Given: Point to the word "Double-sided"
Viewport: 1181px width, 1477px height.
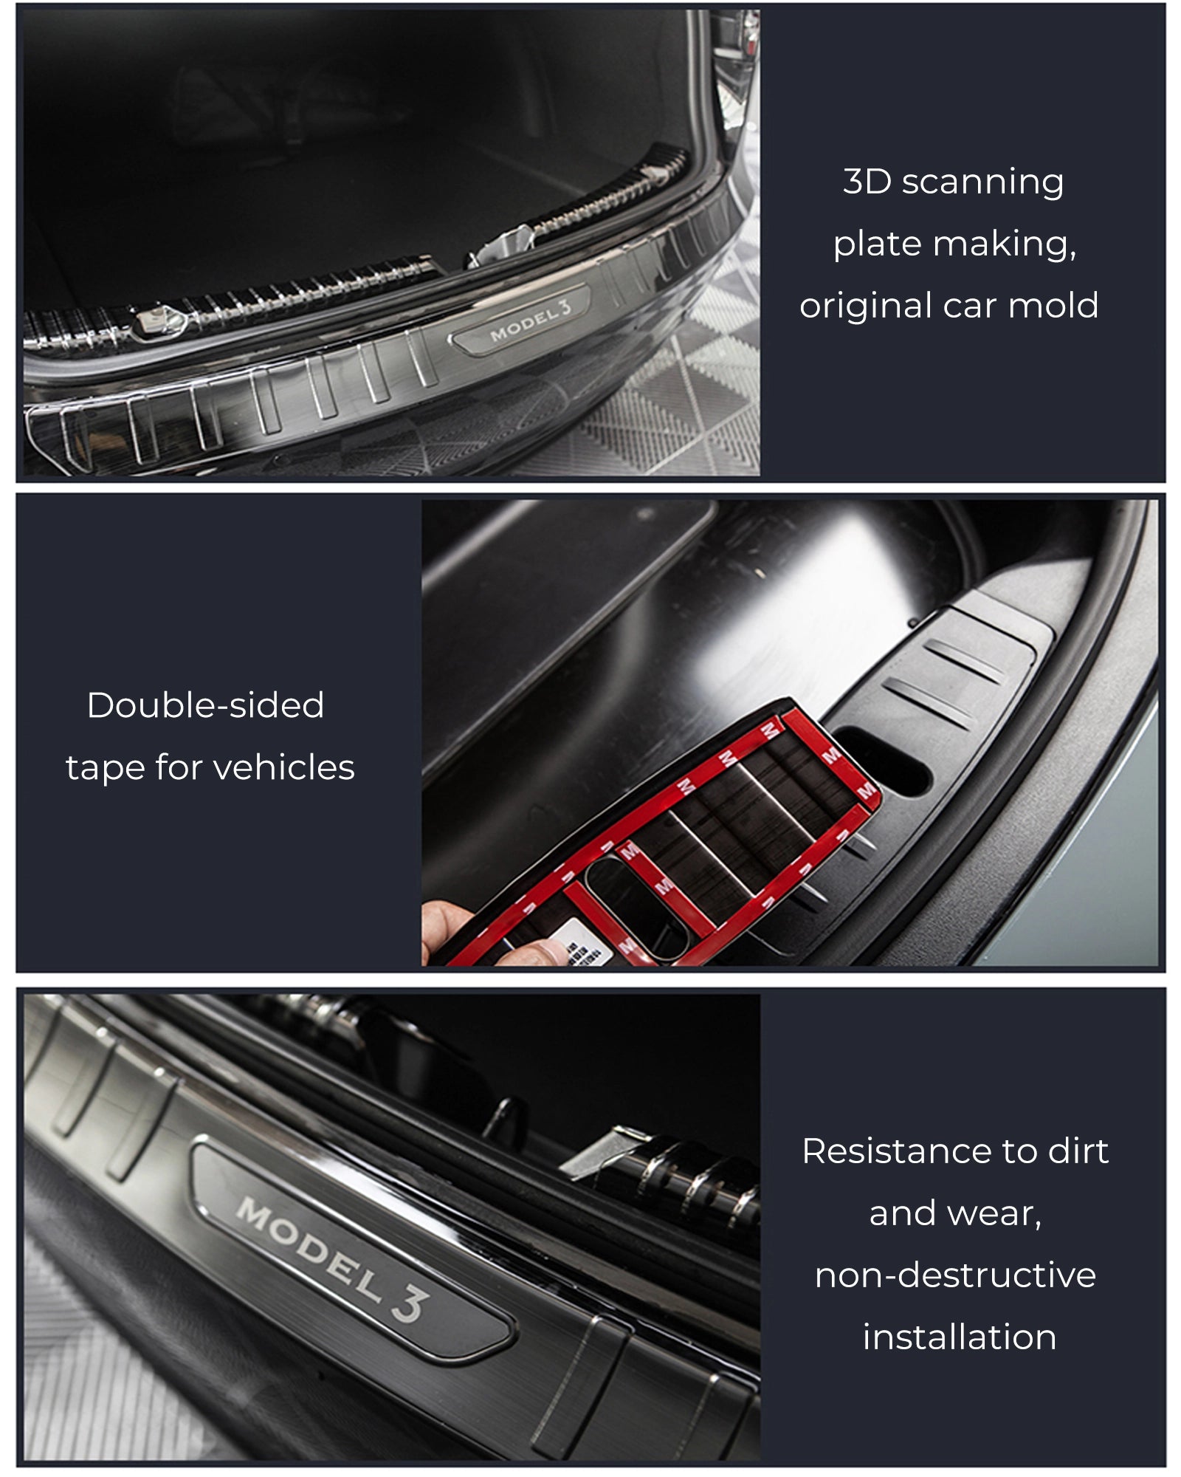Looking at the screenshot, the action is click(x=205, y=705).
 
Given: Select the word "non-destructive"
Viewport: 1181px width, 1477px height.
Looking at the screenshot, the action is click(x=955, y=1275).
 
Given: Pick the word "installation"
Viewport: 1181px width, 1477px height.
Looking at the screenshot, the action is click(x=960, y=1337).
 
